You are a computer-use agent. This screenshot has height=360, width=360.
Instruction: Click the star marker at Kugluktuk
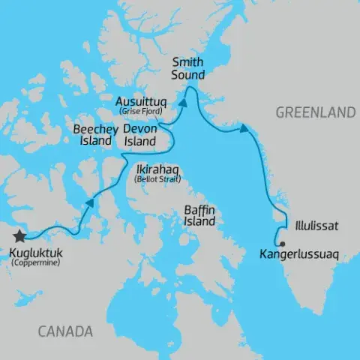pos(19,236)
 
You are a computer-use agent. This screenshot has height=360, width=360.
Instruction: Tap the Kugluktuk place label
pos(36,253)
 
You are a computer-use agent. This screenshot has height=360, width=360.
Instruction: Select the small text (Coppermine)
pos(36,263)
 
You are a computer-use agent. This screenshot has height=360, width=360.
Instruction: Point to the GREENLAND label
pos(315,112)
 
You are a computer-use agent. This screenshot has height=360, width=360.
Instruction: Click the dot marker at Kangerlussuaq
pos(280,244)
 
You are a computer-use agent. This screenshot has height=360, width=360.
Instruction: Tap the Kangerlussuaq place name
pos(298,255)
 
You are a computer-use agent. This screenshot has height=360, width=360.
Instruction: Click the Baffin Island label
pos(199,215)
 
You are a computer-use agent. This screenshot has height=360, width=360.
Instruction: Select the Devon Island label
pos(139,134)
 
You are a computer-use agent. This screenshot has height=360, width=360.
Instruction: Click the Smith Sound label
pos(188,68)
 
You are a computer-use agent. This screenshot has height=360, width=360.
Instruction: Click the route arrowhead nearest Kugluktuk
pos(90,202)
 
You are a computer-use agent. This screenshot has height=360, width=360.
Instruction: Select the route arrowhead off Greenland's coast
pos(244,130)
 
